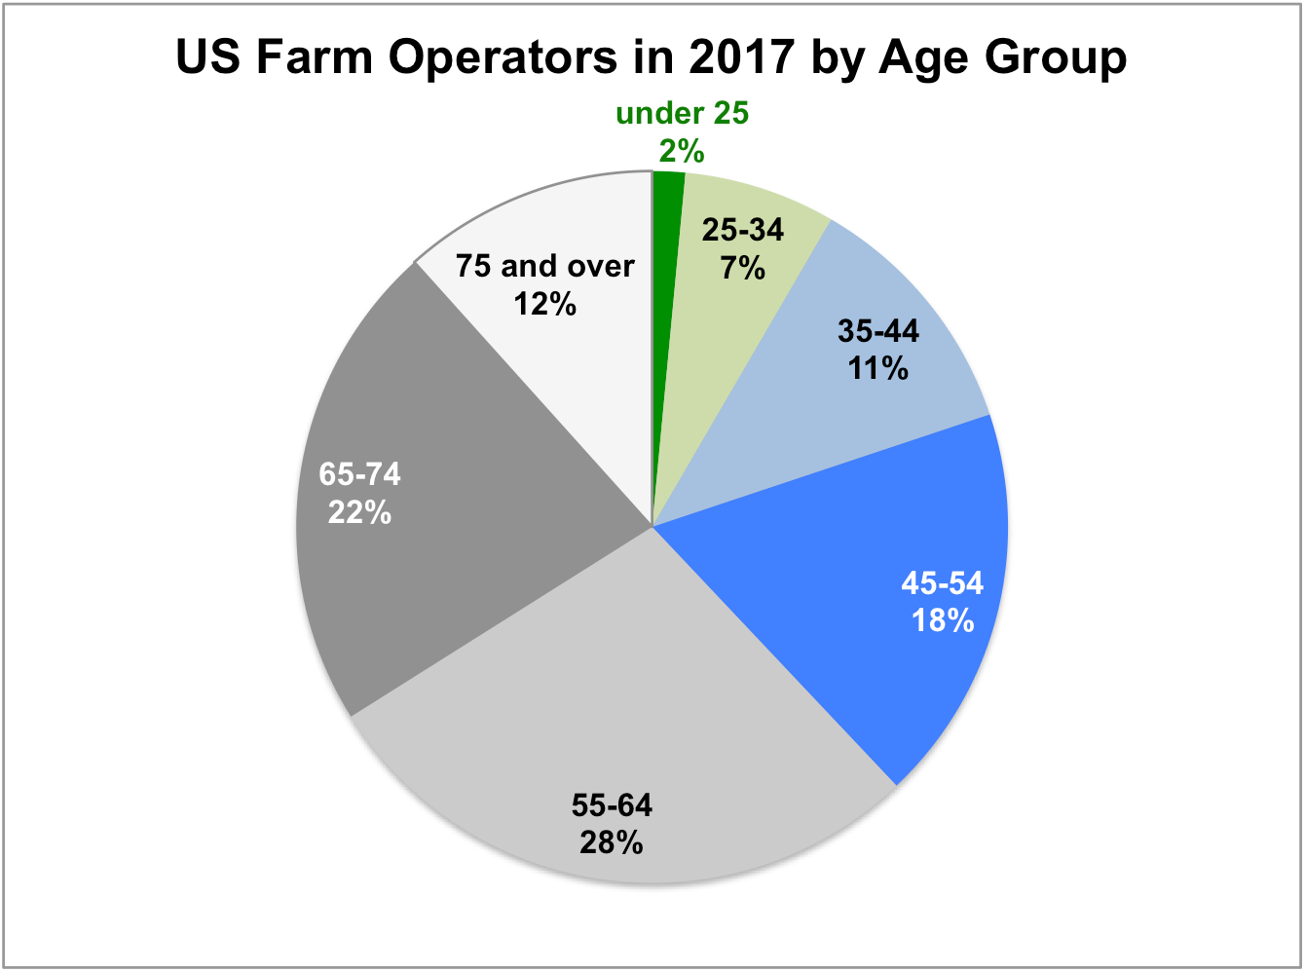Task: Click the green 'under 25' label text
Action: point(682,114)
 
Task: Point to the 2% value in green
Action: point(682,151)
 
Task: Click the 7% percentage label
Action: point(743,267)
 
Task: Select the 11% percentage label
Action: point(878,368)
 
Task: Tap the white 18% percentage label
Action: point(943,620)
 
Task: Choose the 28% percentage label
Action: point(612,841)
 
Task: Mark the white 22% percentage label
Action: point(359,512)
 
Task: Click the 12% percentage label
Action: point(545,304)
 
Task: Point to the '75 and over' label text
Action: point(545,266)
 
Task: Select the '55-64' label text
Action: point(612,804)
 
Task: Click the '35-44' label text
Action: point(878,331)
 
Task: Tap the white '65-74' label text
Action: point(359,475)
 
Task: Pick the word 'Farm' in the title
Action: point(312,57)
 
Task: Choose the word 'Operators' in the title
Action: point(503,57)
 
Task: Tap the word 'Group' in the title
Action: point(1056,57)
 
